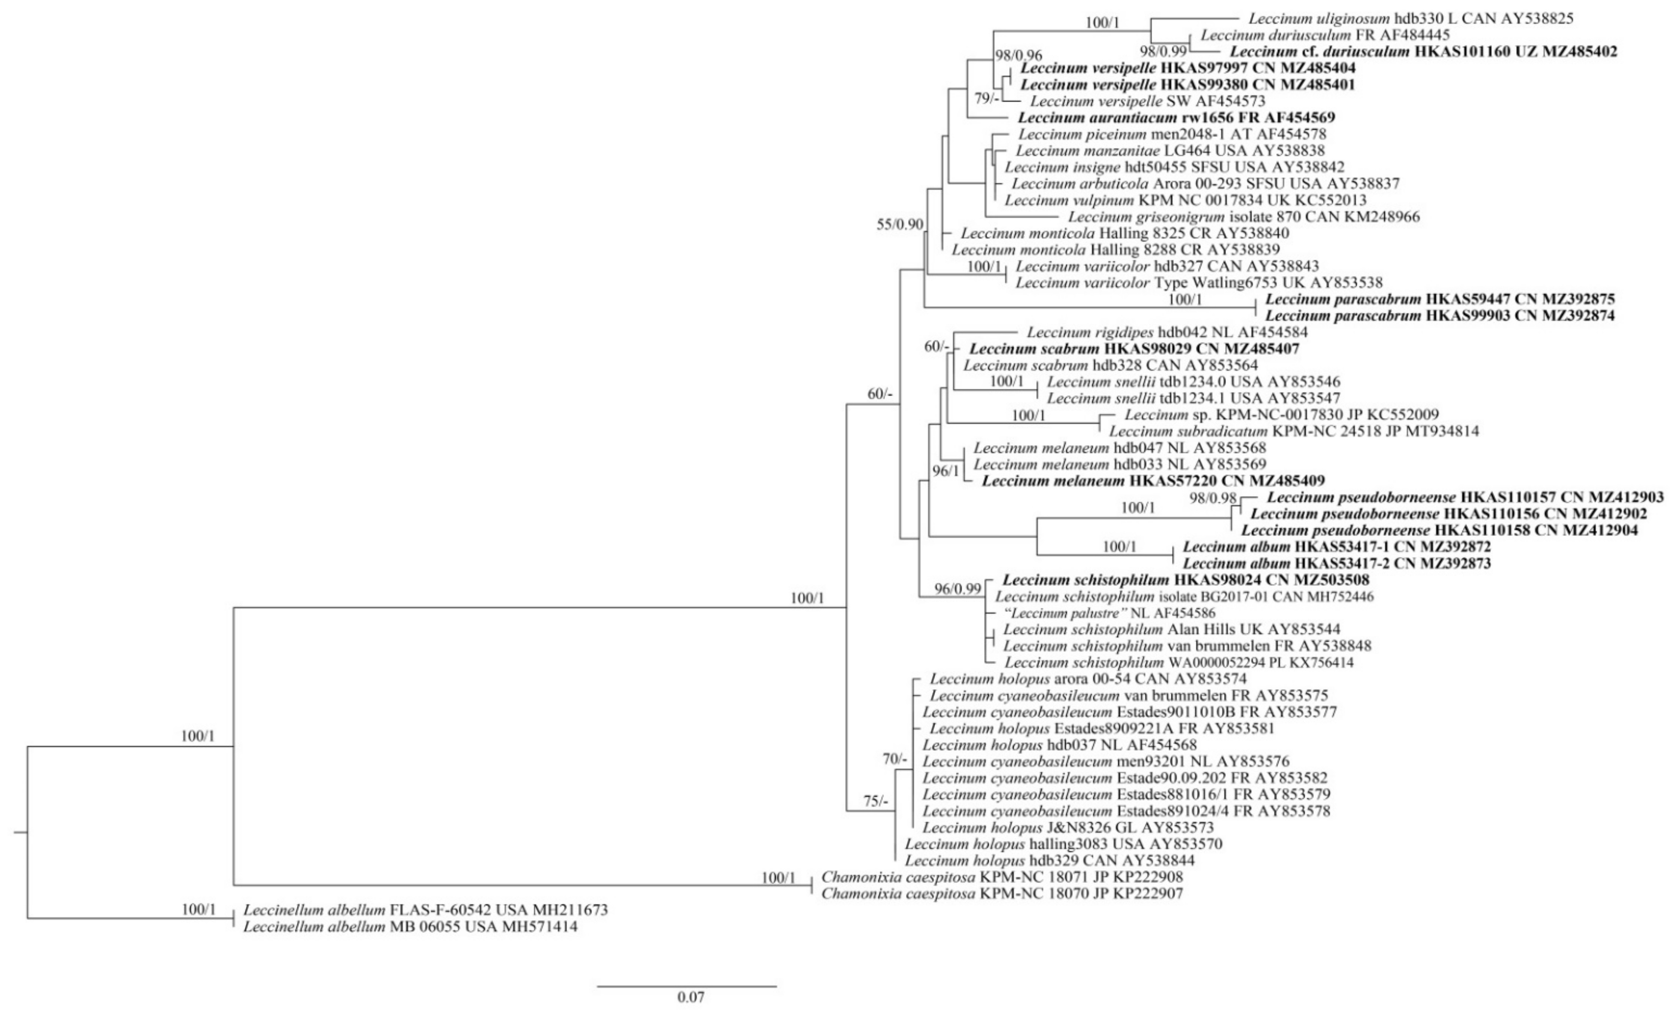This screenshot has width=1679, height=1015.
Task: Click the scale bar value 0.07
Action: (x=690, y=998)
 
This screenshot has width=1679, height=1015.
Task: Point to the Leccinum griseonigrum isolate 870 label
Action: (x=1244, y=217)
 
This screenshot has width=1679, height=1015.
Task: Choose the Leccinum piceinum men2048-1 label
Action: (x=1172, y=134)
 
